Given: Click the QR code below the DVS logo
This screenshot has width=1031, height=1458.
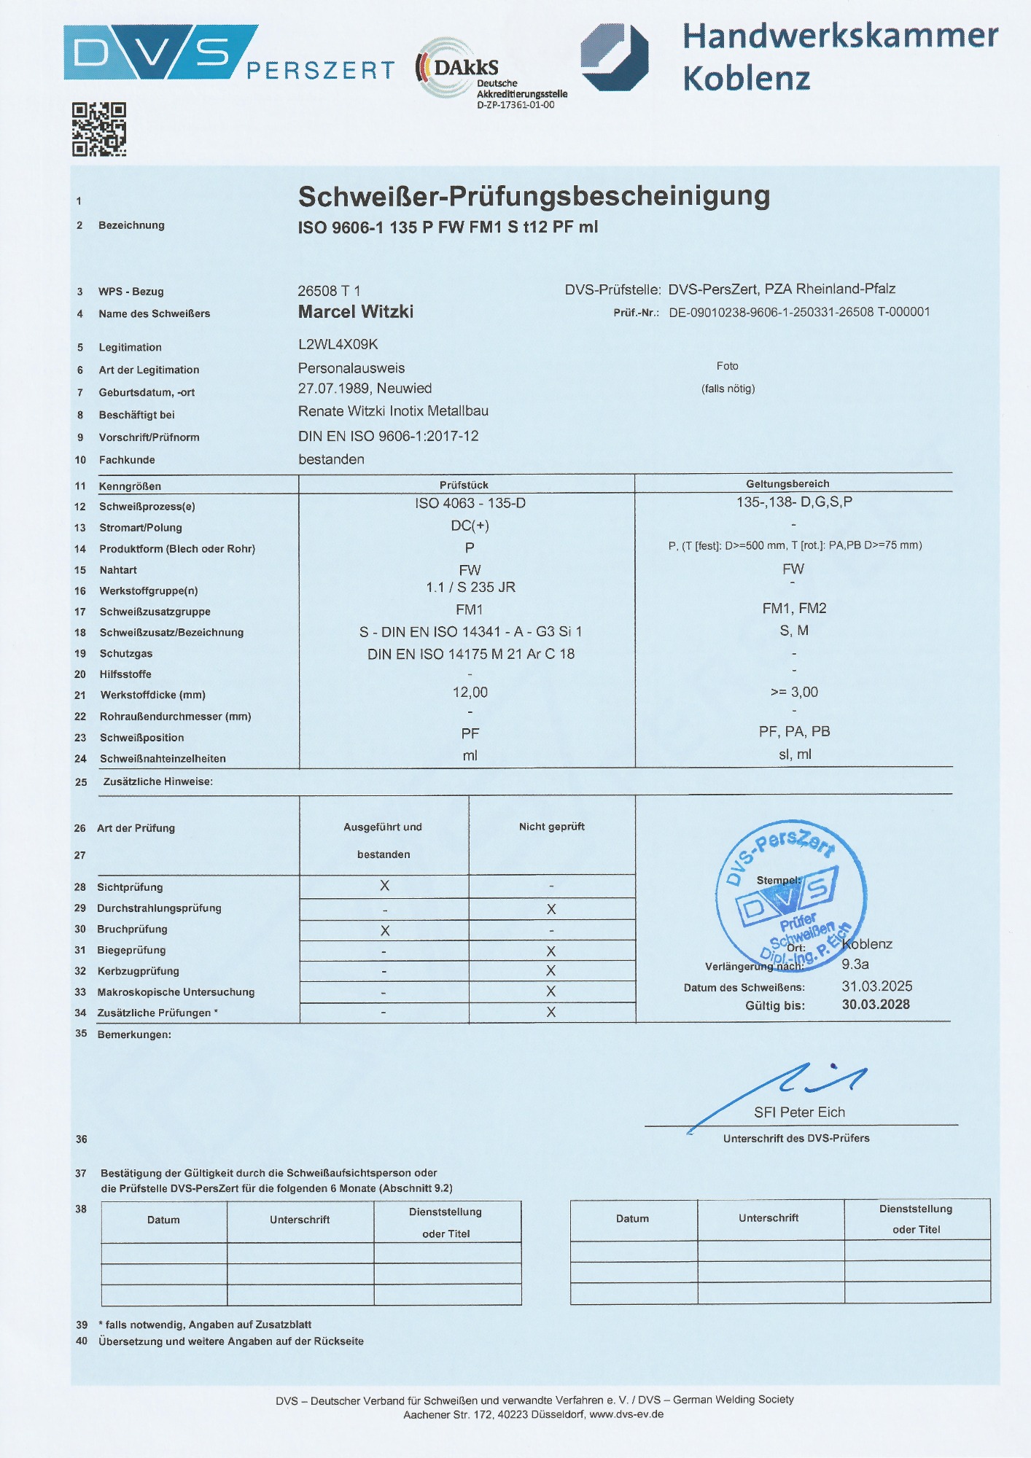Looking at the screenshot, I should (x=99, y=129).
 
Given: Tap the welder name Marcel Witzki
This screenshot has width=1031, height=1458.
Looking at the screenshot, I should (x=356, y=312).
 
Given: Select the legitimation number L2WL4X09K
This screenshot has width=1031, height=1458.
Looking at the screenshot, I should (x=338, y=344).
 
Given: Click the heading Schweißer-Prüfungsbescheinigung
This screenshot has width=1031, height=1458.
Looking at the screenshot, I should (x=534, y=196).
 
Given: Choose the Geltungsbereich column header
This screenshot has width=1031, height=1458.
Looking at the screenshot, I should (x=787, y=483).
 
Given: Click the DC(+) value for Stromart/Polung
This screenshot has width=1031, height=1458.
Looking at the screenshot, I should (x=470, y=526).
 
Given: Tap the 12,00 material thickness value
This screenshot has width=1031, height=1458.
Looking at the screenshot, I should (x=470, y=692).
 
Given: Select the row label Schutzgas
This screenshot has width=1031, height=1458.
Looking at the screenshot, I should (x=126, y=653).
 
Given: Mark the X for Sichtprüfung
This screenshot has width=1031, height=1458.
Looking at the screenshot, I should (x=384, y=886).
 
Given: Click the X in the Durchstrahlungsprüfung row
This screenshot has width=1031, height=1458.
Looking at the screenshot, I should (x=551, y=909).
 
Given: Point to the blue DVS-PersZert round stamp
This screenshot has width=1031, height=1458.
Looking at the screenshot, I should (x=791, y=895).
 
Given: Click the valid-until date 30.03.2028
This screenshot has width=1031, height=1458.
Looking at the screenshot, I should (x=876, y=1005).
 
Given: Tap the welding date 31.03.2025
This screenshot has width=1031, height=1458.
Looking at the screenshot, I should (x=876, y=986).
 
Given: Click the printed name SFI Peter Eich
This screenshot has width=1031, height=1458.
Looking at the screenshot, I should (x=799, y=1112).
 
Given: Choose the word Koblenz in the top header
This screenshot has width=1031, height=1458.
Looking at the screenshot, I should (x=747, y=78).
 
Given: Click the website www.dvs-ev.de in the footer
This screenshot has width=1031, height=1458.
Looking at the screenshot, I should (x=626, y=1414).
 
